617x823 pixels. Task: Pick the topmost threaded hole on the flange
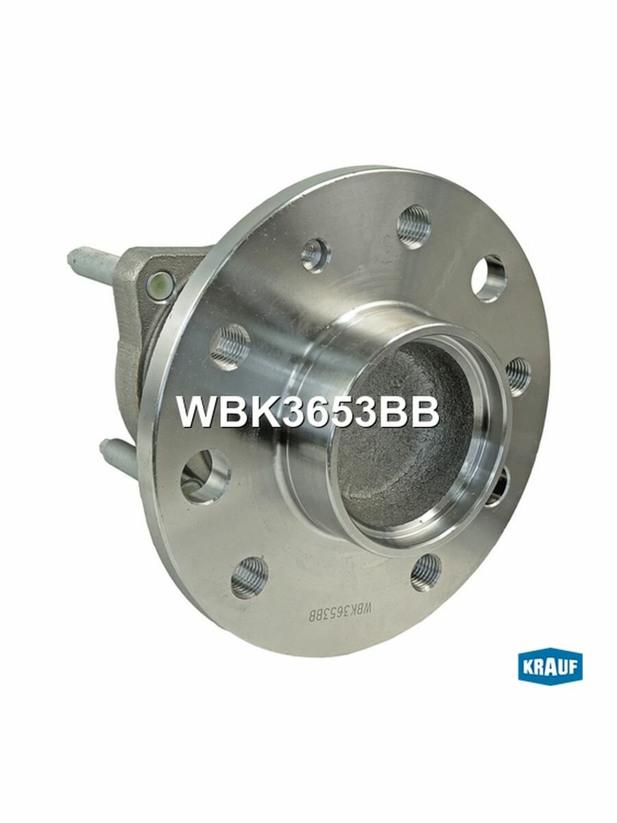414,226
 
